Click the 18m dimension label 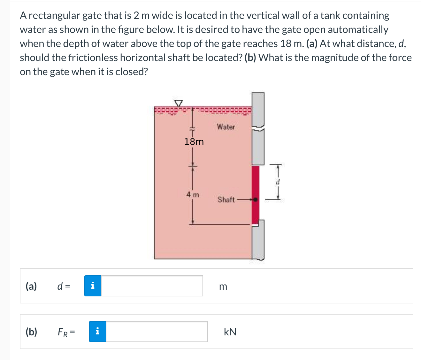[x=194, y=142]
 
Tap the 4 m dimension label [x=193, y=194]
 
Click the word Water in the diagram [x=226, y=127]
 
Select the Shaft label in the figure [x=226, y=200]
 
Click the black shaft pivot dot [x=256, y=200]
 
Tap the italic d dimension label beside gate [x=278, y=182]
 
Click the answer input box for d [x=152, y=286]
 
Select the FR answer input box [x=157, y=332]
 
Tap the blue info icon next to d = [x=93, y=286]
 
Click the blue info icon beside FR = [x=97, y=332]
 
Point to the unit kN [x=230, y=332]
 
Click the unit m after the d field [x=223, y=286]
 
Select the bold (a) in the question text [x=312, y=43]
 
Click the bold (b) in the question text [x=250, y=58]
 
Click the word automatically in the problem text [x=358, y=29]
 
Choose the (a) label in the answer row [x=31, y=286]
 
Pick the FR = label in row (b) [x=66, y=332]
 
